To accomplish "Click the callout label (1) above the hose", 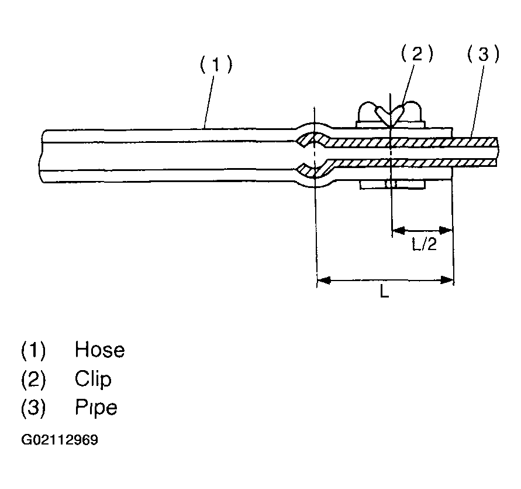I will point(216,65).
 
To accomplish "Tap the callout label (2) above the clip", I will point(417,54).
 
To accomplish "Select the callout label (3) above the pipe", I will point(484,54).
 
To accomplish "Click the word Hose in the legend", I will point(99,350).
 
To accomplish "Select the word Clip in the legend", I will point(93,379).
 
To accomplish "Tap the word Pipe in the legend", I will point(96,407).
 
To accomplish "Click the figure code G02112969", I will point(60,440).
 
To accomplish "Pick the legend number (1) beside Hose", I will point(33,350).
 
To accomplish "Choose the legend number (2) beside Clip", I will point(33,379).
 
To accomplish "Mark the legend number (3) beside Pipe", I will point(33,407).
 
